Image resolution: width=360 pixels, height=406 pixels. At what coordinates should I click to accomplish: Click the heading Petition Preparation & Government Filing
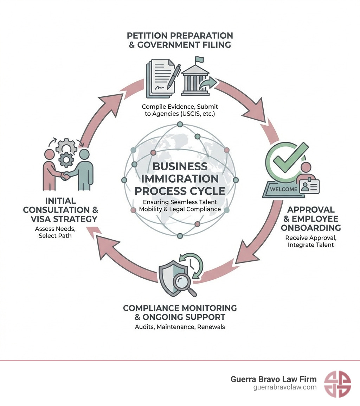(180, 40)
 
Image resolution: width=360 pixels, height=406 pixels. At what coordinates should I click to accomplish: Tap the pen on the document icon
(173, 76)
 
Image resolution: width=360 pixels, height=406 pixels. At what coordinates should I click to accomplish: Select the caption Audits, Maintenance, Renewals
(180, 327)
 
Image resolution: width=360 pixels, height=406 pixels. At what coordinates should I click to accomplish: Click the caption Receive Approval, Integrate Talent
(310, 241)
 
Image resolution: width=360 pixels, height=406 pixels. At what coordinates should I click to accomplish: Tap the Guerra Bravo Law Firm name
(274, 379)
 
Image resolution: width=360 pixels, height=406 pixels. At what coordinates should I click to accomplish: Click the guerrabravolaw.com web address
(285, 387)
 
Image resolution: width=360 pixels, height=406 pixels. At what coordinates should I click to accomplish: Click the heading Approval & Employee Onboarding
(311, 218)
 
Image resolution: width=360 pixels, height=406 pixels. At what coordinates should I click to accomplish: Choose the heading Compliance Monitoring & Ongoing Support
(180, 312)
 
